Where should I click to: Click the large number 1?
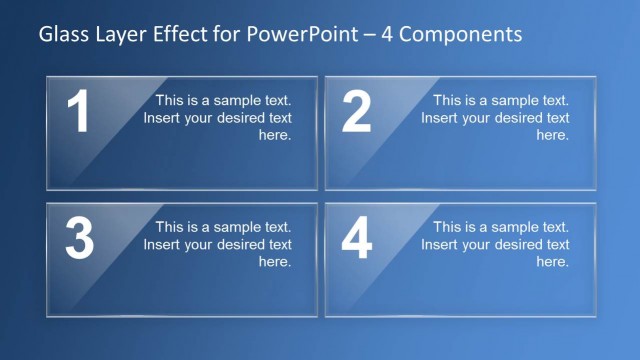77,112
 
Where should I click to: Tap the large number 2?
356,112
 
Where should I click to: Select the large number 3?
79,239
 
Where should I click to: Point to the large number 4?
357,239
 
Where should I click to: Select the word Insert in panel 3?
163,244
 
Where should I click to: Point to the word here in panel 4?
553,262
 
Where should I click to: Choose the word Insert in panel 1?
163,118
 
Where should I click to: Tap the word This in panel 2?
449,100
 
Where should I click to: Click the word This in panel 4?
449,227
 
